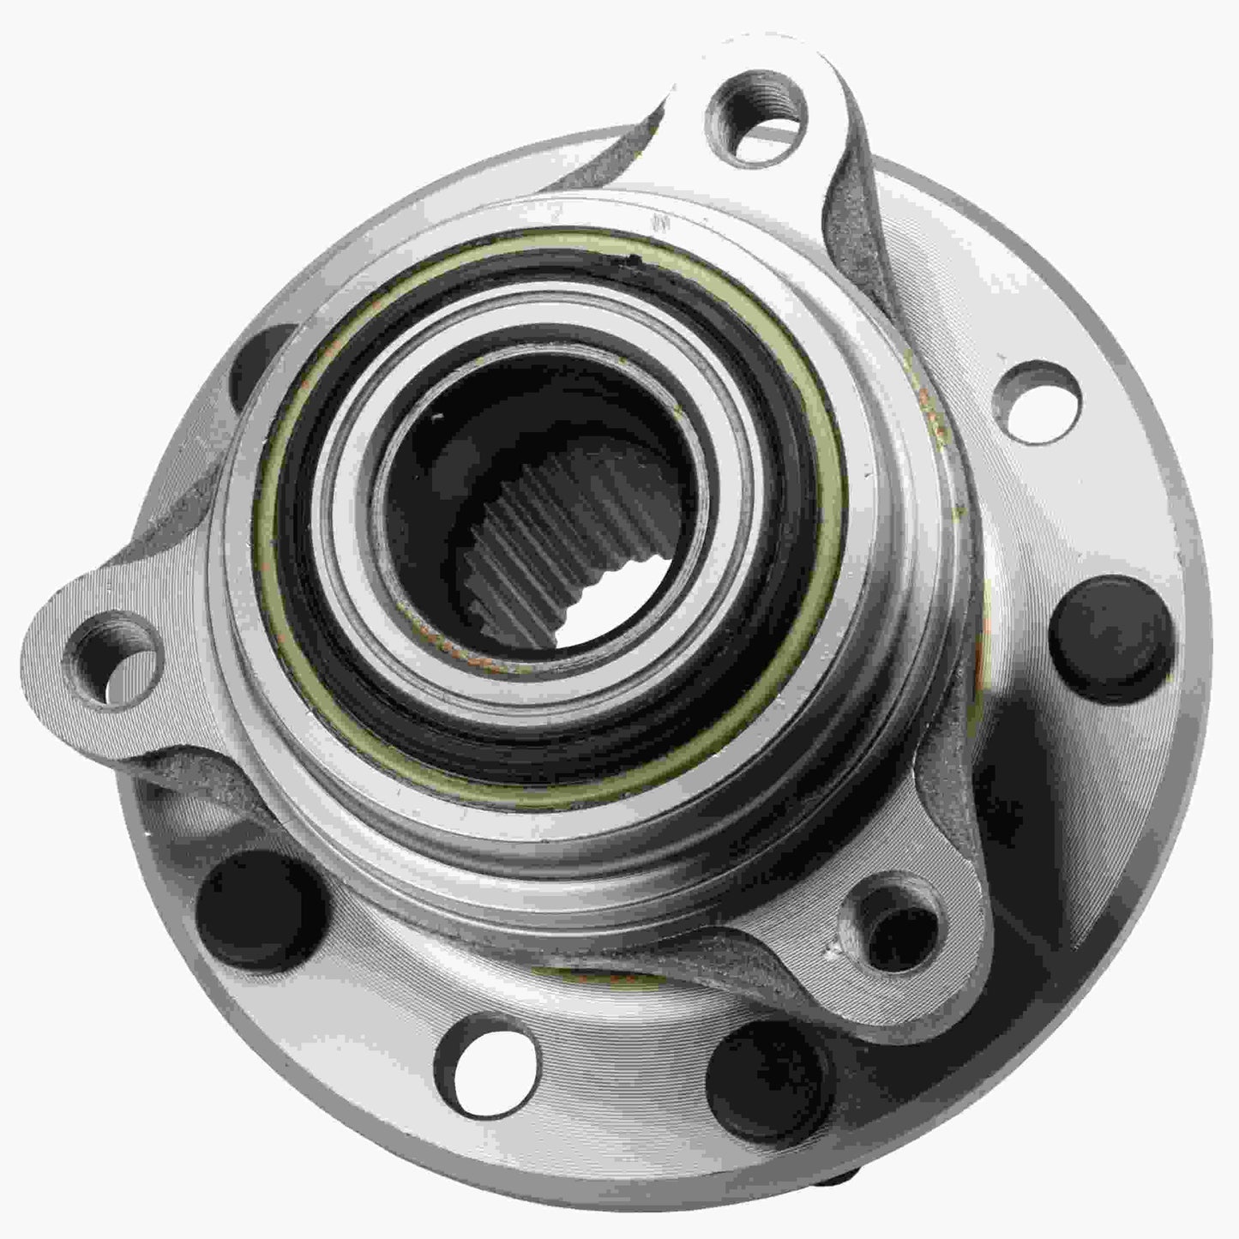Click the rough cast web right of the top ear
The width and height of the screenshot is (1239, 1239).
(849, 214)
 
